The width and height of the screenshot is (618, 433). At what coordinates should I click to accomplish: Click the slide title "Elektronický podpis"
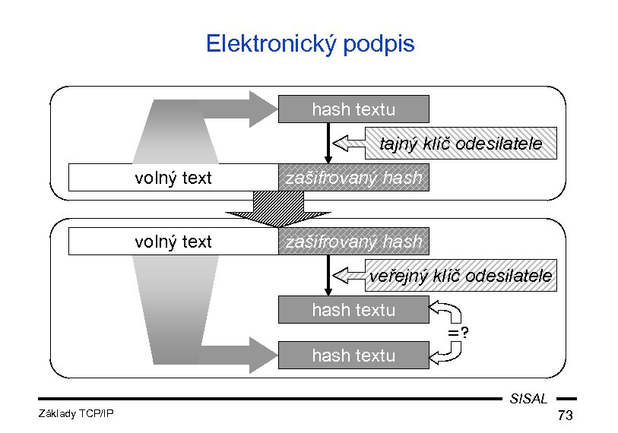[x=310, y=43]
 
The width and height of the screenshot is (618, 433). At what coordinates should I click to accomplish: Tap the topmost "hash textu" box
[x=353, y=109]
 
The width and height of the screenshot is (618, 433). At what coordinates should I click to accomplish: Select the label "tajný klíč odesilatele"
[x=461, y=143]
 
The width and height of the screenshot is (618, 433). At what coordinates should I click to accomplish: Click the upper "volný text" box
[x=173, y=179]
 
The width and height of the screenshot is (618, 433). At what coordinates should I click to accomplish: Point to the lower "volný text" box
[x=173, y=242]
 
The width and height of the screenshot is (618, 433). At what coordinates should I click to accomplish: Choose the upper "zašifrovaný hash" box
[x=353, y=179]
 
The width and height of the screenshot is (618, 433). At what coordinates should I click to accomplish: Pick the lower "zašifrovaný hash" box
[x=353, y=242]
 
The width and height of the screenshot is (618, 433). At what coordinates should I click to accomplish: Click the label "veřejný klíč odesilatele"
[x=461, y=276]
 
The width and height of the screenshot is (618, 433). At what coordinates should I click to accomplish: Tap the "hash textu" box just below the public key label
[x=353, y=310]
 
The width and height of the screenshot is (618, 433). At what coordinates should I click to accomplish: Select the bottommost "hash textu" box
[x=353, y=355]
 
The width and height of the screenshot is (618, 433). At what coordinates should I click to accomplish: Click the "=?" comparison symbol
[x=457, y=332]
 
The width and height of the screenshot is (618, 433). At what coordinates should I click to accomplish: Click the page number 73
[x=565, y=416]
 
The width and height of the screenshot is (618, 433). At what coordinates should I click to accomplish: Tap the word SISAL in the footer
[x=529, y=398]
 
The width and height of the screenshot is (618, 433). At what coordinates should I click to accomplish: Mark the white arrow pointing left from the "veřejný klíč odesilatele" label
[x=350, y=276]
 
